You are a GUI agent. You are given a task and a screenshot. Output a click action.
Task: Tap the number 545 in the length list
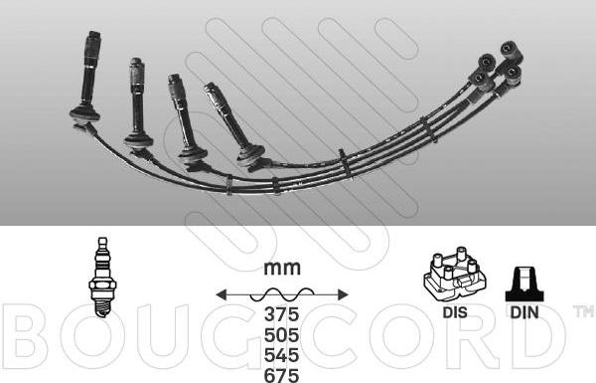(x=283, y=355)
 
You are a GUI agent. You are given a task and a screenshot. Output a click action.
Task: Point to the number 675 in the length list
(x=283, y=374)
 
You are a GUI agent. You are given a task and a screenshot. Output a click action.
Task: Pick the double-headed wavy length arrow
(x=283, y=293)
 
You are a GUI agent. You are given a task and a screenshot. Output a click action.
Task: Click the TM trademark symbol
(x=583, y=312)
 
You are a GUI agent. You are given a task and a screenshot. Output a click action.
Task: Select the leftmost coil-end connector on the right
(x=481, y=76)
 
